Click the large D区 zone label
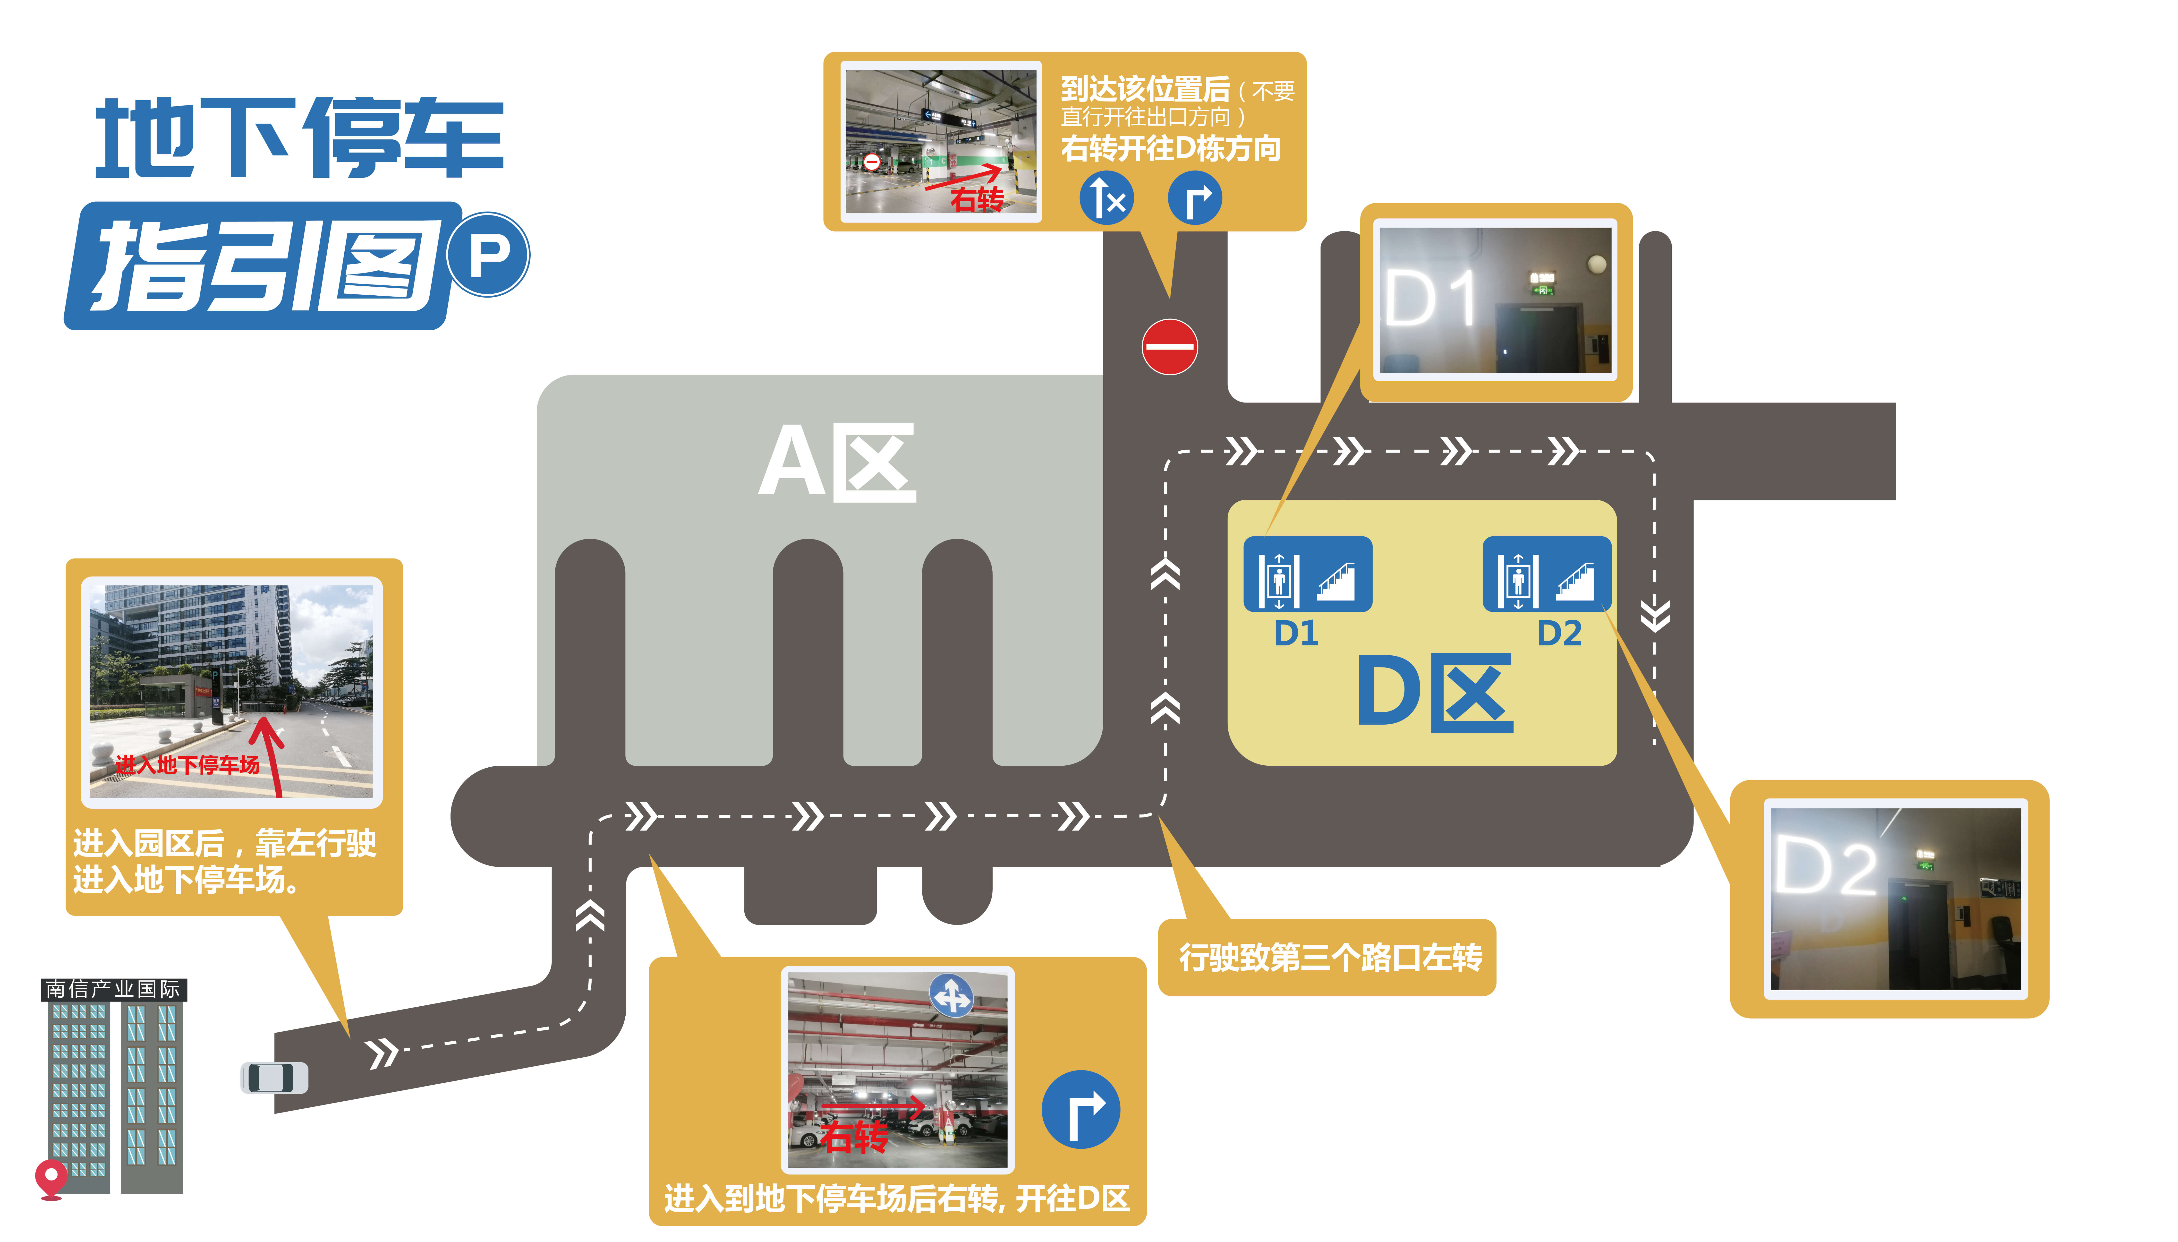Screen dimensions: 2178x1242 pos(1435,692)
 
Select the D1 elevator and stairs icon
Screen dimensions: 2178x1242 pos(1307,574)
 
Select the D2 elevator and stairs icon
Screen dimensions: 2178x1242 pos(1547,574)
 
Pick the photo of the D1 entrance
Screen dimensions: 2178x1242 pos(1496,300)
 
